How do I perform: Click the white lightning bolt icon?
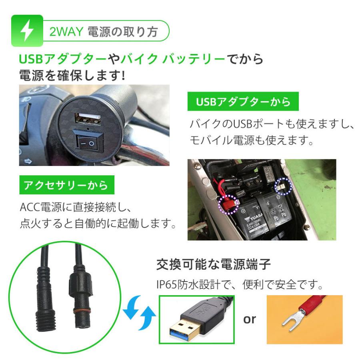pyautogui.click(x=27, y=30)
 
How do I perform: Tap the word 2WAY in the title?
pyautogui.click(x=66, y=32)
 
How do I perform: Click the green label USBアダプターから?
pyautogui.click(x=243, y=102)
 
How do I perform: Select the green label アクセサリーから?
pyautogui.click(x=67, y=185)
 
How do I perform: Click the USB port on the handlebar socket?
pyautogui.click(x=88, y=119)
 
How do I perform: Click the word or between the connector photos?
pyautogui.click(x=250, y=319)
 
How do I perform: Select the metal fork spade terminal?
pyautogui.click(x=294, y=320)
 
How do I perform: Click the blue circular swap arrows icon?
pyautogui.click(x=139, y=313)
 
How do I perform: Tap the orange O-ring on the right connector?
pyautogui.click(x=80, y=312)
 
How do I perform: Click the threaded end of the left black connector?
pyautogui.click(x=46, y=321)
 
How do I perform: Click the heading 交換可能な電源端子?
pyautogui.click(x=213, y=264)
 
